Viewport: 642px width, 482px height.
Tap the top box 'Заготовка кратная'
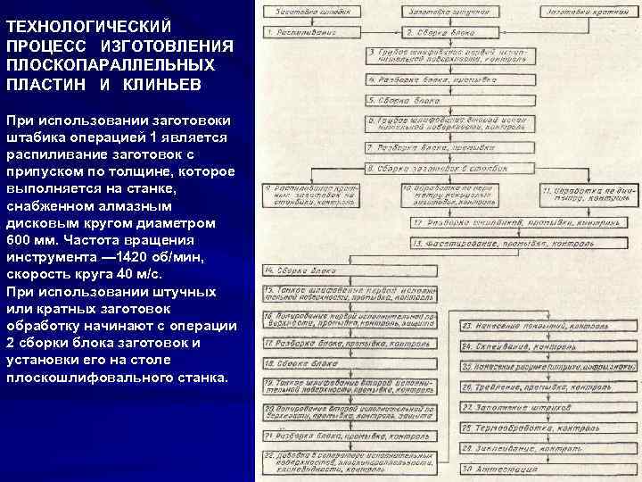point(586,12)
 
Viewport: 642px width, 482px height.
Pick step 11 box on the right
point(587,194)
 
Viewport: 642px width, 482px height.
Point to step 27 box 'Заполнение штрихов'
point(547,407)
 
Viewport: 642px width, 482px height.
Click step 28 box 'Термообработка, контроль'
point(547,428)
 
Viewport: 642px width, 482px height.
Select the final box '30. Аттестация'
point(547,469)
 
